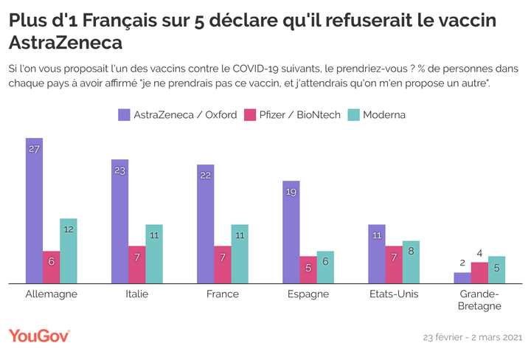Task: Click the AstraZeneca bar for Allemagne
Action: [x=34, y=210]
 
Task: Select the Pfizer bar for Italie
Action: [x=137, y=264]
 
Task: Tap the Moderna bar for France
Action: [x=240, y=253]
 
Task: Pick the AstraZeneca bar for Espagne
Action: [x=291, y=232]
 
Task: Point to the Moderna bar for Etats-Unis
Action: [x=411, y=261]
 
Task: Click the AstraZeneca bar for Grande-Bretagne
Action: [x=462, y=277]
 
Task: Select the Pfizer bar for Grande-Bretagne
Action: [x=479, y=272]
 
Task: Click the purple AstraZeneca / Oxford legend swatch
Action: [x=124, y=114]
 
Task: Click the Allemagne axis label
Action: [x=51, y=294]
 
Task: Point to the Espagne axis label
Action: [x=308, y=294]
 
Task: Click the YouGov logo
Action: [x=39, y=336]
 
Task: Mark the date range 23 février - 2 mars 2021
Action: [x=471, y=337]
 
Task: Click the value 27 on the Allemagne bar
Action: [x=34, y=148]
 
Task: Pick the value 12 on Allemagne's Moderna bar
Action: [x=68, y=229]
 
